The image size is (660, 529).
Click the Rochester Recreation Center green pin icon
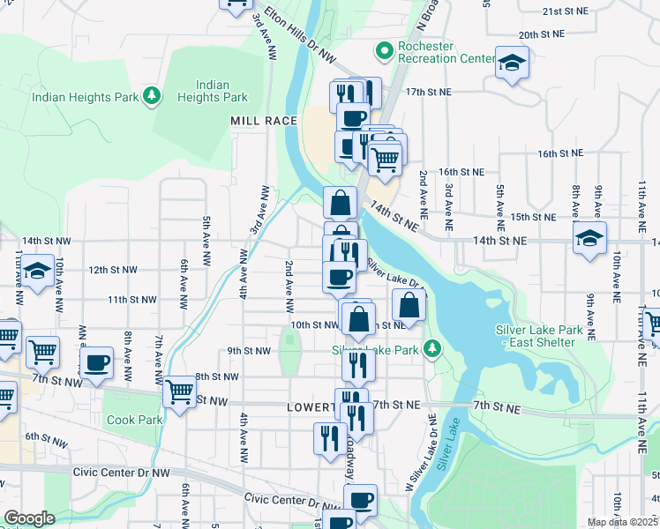[384, 52]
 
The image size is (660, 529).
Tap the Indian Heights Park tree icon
[153, 94]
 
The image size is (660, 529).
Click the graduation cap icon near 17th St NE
[511, 63]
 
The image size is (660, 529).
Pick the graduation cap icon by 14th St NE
[589, 238]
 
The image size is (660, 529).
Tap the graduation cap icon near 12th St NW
[37, 272]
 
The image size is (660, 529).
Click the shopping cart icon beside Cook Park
[180, 391]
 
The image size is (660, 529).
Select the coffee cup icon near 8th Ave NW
[97, 362]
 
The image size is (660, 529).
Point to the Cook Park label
[134, 421]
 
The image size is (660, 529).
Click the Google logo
[28, 518]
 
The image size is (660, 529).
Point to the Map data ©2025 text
[622, 522]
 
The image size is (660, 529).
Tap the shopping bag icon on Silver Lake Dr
[409, 306]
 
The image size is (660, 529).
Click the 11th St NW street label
[131, 300]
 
